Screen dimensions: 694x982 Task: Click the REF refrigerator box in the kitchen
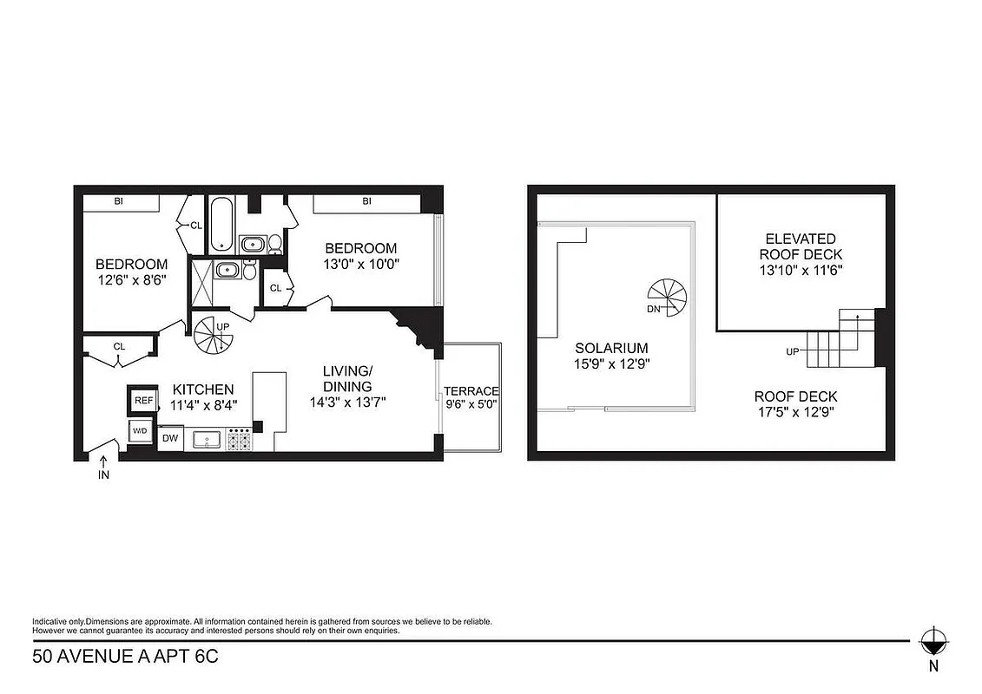tap(142, 400)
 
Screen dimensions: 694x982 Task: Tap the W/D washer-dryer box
tap(140, 429)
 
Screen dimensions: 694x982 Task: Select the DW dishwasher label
tap(170, 438)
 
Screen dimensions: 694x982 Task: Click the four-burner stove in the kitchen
tap(238, 440)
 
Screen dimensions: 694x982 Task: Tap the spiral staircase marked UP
tap(211, 335)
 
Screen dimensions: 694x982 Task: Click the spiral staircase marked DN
tap(667, 297)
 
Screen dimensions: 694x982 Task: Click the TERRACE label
tap(471, 391)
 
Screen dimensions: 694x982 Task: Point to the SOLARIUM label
tap(612, 349)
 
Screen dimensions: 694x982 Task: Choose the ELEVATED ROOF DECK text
tap(801, 246)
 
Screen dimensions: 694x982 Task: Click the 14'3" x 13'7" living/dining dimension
tap(347, 402)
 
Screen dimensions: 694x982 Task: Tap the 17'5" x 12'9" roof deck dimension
tap(795, 413)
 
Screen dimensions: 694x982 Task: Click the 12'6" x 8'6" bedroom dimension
tap(131, 280)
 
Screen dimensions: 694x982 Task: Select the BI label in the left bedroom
tap(118, 201)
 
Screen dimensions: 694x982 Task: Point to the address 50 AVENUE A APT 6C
tap(125, 656)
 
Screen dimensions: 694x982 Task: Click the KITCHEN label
tap(202, 389)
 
